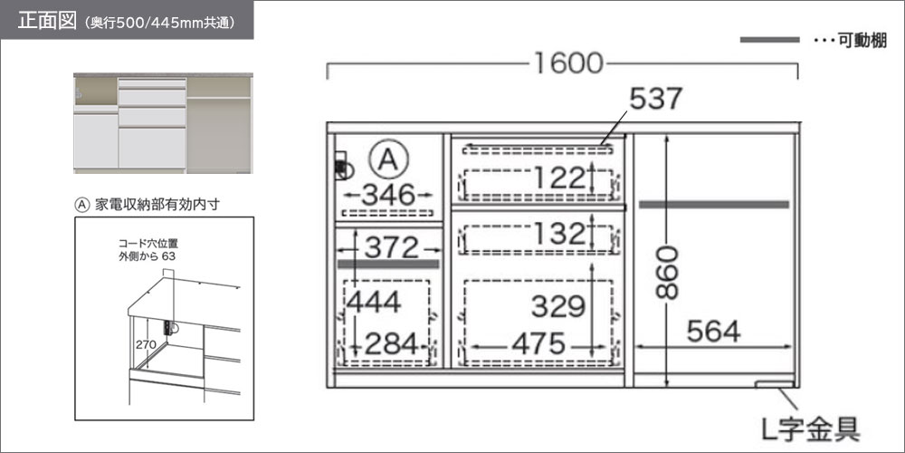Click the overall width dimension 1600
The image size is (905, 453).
click(x=567, y=63)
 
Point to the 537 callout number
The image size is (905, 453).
click(x=655, y=99)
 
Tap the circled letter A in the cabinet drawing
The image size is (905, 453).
click(x=389, y=159)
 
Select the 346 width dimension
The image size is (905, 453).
click(x=388, y=195)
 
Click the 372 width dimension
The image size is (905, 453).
click(x=391, y=248)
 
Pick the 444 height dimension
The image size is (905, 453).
click(x=374, y=302)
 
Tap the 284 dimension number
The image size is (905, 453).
click(x=391, y=345)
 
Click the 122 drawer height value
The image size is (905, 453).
click(x=558, y=178)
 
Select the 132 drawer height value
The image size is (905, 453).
click(x=559, y=234)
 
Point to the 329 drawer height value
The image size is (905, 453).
click(x=558, y=307)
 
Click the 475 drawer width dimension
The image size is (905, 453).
click(x=538, y=345)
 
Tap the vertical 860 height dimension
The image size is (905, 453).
click(x=668, y=272)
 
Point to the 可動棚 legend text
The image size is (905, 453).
click(x=862, y=41)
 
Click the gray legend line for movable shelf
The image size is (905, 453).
click(x=769, y=40)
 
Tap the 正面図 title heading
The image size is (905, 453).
click(x=47, y=21)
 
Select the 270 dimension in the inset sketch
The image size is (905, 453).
click(x=146, y=345)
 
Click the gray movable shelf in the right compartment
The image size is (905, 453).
click(x=713, y=205)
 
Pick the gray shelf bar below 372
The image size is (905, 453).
click(x=388, y=264)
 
